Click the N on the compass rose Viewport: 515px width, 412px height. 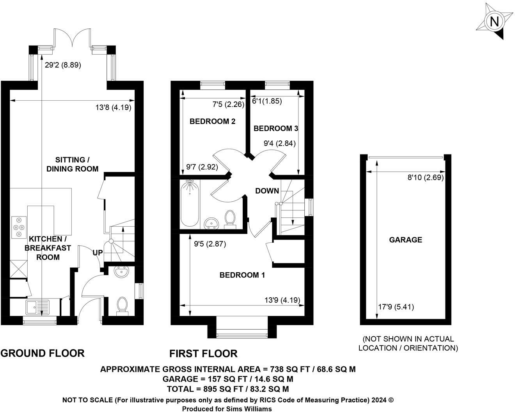(494, 22)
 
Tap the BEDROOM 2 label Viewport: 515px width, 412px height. (213, 121)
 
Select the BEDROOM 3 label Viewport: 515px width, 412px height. (276, 129)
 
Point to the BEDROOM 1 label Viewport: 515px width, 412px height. (242, 275)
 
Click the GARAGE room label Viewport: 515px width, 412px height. (406, 240)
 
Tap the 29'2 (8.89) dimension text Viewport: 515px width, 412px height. (63, 65)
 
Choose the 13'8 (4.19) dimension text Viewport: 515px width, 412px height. (114, 107)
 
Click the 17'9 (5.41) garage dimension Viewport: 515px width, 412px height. (396, 307)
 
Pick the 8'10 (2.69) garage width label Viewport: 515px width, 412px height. (426, 178)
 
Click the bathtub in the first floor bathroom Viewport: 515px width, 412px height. (190, 204)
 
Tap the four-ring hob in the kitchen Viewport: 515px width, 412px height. (19, 227)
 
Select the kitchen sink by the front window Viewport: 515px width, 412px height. (37, 307)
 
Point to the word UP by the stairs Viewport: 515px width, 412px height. (98, 253)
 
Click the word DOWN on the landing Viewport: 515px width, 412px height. (267, 191)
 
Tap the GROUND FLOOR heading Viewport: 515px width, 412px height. (43, 353)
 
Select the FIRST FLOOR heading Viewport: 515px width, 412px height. (203, 353)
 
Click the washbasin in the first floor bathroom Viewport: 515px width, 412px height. (211, 223)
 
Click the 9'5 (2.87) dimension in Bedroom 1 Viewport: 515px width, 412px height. (210, 244)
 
